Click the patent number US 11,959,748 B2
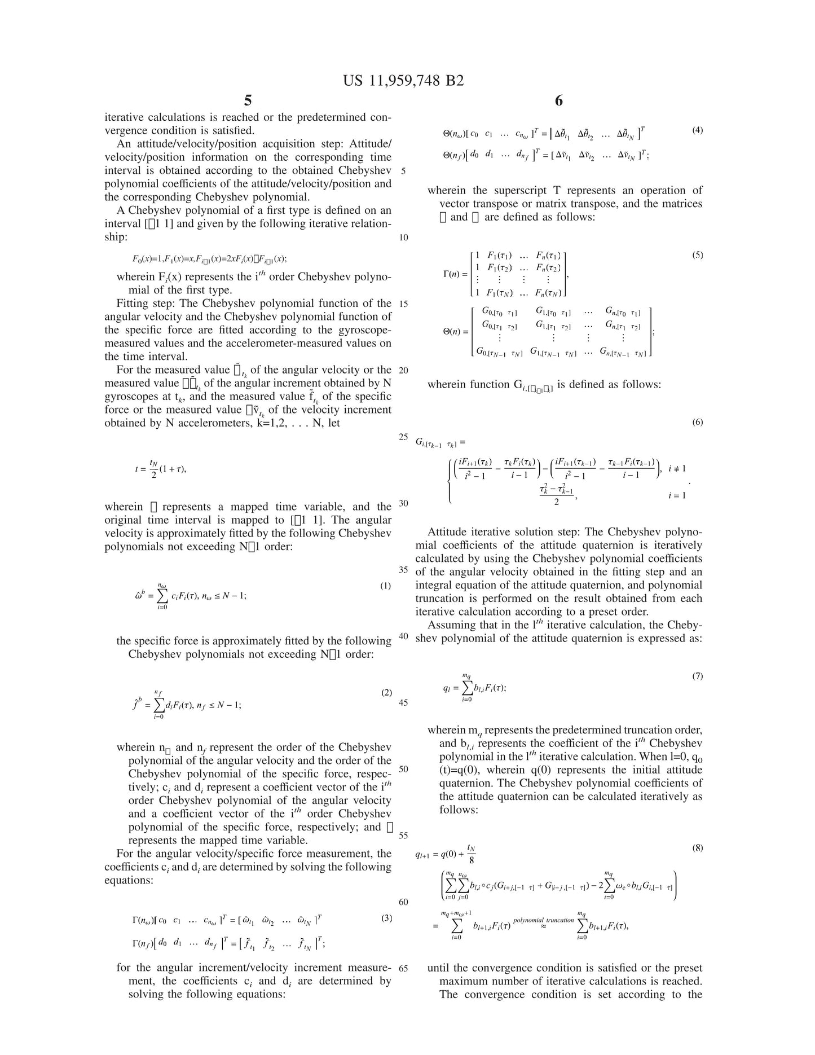[403, 81]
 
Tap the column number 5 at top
[248, 101]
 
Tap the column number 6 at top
[558, 101]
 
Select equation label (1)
[386, 586]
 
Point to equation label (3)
[386, 918]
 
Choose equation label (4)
[697, 130]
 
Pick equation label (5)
[697, 255]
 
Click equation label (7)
[697, 676]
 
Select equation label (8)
[697, 848]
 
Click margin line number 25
[403, 437]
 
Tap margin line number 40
[403, 636]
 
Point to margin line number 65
[403, 968]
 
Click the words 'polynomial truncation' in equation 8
[543, 920]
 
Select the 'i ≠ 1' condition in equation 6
[677, 468]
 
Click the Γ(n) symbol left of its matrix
[455, 275]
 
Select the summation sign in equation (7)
[467, 687]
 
